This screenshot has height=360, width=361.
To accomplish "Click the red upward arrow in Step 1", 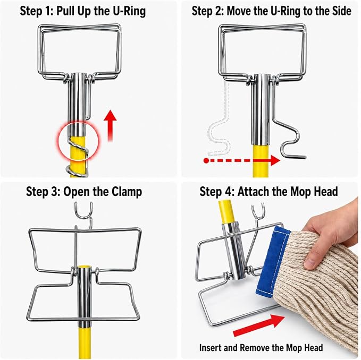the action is (110, 125).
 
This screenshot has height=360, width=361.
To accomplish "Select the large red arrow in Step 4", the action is (258, 325).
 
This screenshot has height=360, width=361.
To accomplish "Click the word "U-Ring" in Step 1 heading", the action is (129, 11).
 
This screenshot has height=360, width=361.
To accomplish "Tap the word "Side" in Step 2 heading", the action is (342, 11).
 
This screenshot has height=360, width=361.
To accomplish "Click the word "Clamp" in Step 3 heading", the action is (127, 192).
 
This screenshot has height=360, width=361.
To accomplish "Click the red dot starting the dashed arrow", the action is (206, 161).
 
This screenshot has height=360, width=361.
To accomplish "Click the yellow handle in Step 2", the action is (261, 160).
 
